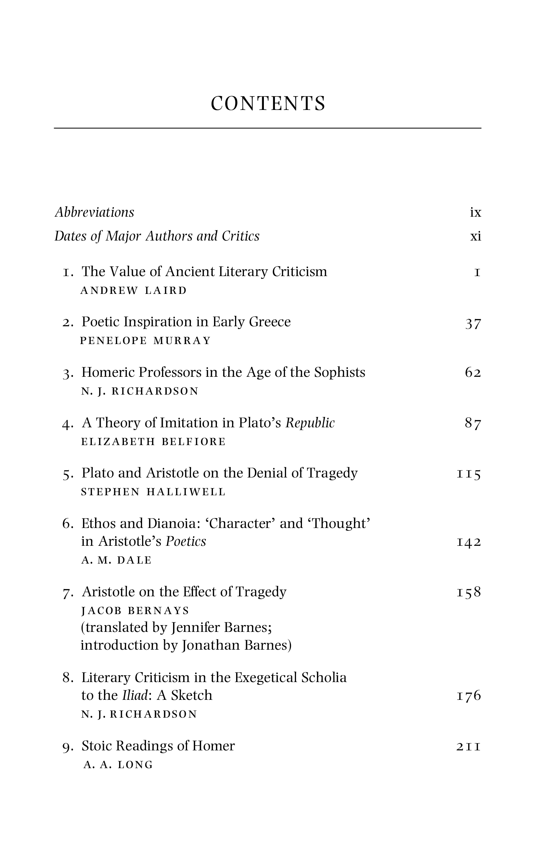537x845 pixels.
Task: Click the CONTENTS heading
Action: (268, 104)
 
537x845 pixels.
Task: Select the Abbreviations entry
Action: (94, 212)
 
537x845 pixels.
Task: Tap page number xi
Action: (475, 236)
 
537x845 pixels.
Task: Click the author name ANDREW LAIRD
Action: (134, 291)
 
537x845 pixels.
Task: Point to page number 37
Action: (473, 324)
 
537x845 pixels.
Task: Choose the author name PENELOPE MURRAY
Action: (146, 341)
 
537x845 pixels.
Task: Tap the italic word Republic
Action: (310, 423)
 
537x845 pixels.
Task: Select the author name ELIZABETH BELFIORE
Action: (153, 442)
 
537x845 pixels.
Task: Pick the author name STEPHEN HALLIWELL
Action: (153, 492)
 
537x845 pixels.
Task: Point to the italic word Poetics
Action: (186, 542)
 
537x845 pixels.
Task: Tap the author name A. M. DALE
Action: (116, 560)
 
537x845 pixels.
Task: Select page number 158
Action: (469, 592)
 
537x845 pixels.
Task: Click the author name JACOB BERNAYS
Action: (135, 611)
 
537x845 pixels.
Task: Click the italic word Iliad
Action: (135, 696)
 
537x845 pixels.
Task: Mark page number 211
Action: (469, 746)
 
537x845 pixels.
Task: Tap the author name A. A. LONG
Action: (118, 765)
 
